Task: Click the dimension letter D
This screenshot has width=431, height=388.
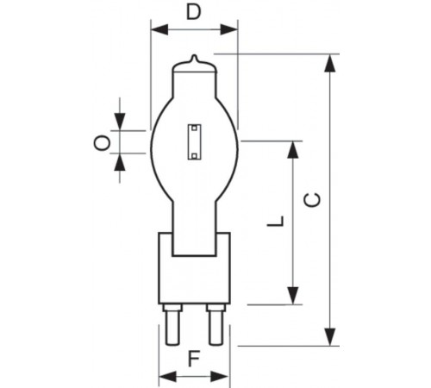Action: [x=194, y=12]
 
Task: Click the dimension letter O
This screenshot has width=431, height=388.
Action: [x=101, y=142]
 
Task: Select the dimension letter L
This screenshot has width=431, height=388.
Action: [x=274, y=222]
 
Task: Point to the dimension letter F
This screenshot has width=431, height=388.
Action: [x=195, y=358]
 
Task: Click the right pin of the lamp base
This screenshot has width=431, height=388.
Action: [x=215, y=327]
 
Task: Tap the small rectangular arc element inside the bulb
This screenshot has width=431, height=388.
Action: [x=194, y=141]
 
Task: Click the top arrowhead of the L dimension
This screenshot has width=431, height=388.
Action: [x=294, y=149]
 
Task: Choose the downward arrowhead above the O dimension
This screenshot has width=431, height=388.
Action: [x=119, y=122]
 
